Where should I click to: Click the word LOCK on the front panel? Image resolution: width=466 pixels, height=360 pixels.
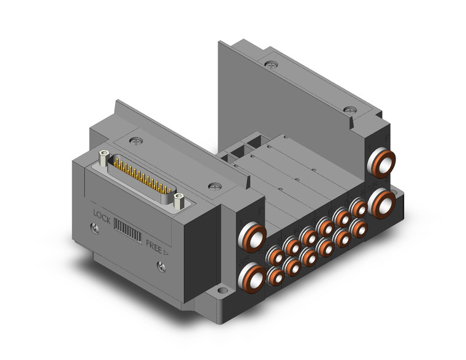102,216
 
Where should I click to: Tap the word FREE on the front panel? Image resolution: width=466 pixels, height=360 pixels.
154,246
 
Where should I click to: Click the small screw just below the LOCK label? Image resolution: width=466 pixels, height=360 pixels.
95,228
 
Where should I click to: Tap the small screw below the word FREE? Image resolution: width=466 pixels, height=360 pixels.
161,266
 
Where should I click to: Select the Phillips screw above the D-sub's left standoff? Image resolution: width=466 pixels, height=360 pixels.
136,141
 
